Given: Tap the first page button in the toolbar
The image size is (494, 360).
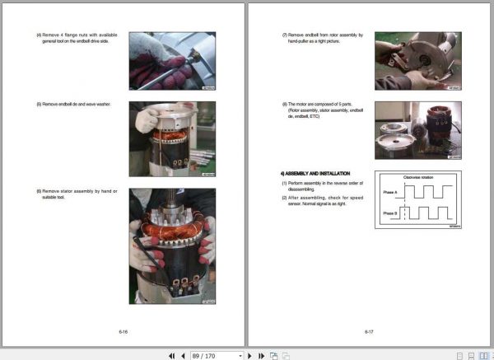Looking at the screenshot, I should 172,355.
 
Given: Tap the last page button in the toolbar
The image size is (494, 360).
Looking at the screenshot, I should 261,355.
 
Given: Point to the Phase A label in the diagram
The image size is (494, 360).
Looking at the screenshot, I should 389,192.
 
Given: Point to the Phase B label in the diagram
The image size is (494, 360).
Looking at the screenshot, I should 389,213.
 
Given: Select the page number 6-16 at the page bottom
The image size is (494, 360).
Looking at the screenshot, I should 123,331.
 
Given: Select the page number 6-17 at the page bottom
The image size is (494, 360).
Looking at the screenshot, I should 370,331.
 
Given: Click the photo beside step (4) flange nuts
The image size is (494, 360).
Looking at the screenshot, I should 172,60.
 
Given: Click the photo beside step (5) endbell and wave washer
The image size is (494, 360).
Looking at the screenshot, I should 172,139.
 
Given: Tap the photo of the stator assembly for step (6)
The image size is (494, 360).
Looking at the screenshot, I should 172,246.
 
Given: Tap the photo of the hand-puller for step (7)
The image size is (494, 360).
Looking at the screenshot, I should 417,60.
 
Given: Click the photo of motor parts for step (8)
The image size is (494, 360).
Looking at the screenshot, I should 417,130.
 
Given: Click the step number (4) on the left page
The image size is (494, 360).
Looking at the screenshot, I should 39,35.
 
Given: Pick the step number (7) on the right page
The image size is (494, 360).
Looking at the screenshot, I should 284,35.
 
